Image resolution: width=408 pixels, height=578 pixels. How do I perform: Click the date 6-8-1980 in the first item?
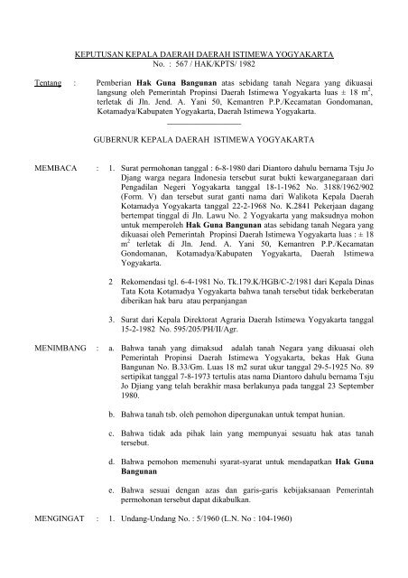point(214,168)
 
